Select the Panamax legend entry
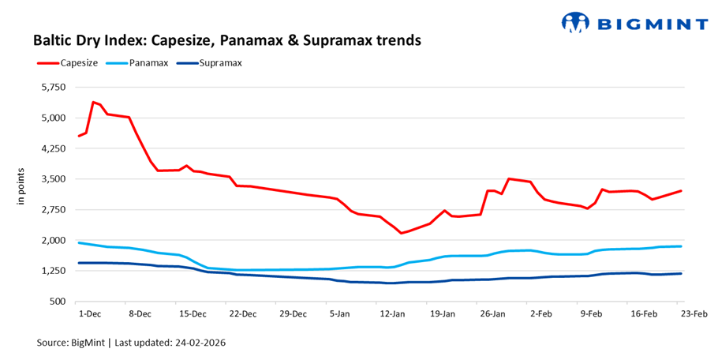tap(146, 62)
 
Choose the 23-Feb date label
tap(694, 313)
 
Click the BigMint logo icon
tap(576, 22)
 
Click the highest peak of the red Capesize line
tap(93, 102)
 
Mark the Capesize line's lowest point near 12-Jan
tap(401, 233)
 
